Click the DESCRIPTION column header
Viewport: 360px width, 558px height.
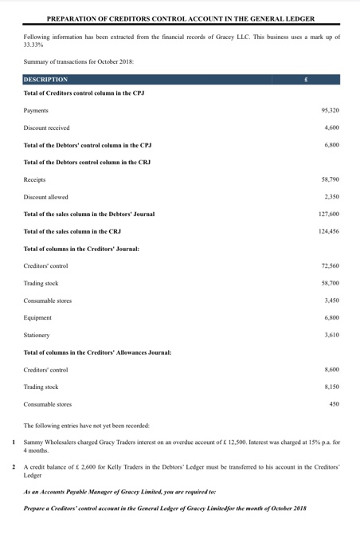point(46,80)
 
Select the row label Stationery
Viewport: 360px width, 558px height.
point(39,335)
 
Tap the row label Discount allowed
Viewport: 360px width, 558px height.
point(46,197)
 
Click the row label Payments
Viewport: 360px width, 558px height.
point(37,110)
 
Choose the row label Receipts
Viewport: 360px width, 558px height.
point(35,180)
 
